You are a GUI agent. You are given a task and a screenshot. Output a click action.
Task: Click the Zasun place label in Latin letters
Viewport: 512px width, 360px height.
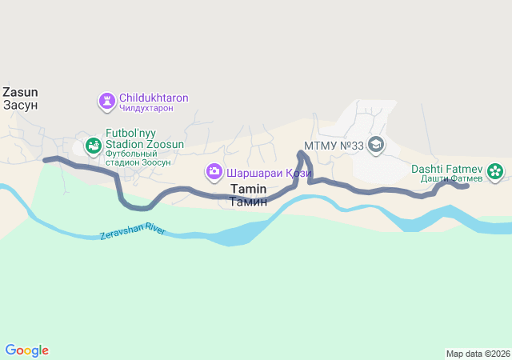(x=20, y=92)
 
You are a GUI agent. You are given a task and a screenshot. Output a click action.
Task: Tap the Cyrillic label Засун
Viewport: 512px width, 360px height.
(x=20, y=105)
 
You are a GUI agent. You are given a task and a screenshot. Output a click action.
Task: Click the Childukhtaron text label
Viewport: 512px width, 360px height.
(x=154, y=98)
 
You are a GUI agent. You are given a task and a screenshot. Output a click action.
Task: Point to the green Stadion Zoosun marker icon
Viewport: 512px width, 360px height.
(x=92, y=146)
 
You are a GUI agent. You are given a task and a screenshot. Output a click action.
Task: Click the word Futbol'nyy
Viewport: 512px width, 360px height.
(x=131, y=134)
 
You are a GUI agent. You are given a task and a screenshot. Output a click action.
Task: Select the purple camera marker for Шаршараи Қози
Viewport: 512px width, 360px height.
(x=214, y=171)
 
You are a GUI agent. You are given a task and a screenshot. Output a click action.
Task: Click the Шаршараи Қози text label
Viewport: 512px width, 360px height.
(x=268, y=172)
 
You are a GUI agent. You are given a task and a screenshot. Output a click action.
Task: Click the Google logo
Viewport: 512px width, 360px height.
(x=26, y=350)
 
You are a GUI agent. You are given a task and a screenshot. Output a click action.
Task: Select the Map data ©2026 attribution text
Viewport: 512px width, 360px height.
(x=478, y=354)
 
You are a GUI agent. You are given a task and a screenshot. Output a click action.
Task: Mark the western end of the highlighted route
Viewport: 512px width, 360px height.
(x=46, y=160)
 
